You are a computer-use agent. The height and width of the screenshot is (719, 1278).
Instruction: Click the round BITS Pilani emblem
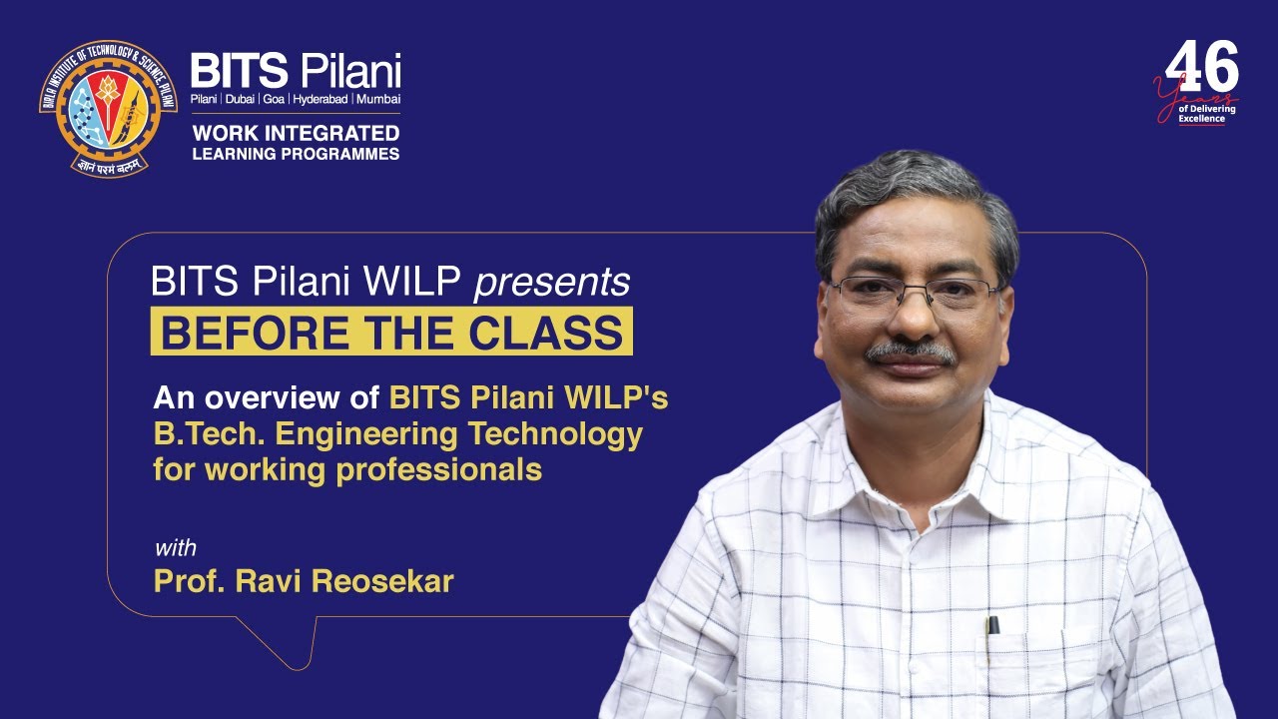[x=108, y=108]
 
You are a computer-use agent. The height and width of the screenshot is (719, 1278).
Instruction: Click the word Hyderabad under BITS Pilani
[x=319, y=100]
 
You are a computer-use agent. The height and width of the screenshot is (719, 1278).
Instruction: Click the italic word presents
[x=552, y=284]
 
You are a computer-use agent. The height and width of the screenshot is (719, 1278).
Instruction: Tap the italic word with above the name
[x=175, y=548]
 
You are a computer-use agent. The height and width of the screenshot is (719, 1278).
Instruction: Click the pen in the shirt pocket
[x=992, y=625]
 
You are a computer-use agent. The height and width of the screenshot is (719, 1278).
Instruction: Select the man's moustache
[x=910, y=352]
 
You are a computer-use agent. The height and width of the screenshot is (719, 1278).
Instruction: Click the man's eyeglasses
[x=914, y=293]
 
